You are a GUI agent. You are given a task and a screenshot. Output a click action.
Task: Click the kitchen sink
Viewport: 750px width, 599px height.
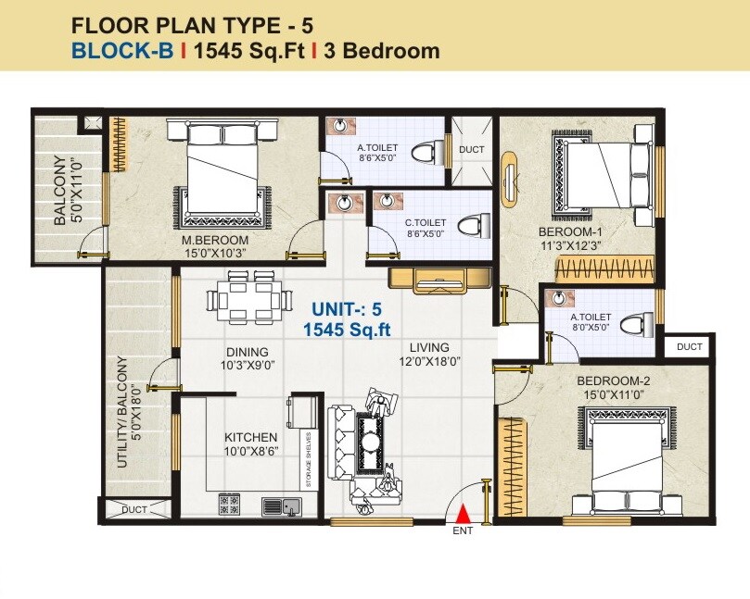point(281,505)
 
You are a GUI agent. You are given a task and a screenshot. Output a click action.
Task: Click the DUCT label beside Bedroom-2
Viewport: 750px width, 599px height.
point(689,346)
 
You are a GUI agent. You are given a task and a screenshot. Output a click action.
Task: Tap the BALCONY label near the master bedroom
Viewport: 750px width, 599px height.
point(59,191)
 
